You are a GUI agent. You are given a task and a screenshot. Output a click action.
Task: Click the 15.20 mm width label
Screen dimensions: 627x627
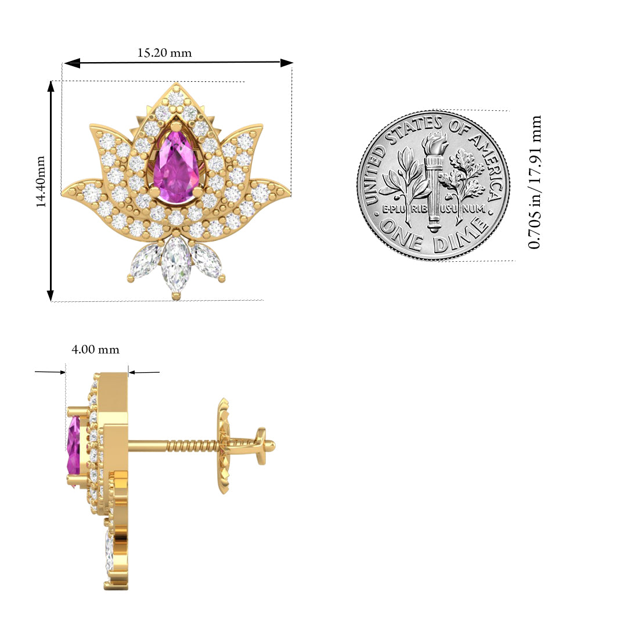point(164,53)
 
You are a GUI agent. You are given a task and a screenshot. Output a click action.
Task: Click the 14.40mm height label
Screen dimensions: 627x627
point(41,182)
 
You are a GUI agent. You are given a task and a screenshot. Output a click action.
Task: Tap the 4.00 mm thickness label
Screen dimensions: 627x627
point(95,349)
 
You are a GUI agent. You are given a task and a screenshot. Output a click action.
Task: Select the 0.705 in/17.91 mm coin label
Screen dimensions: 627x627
point(535,182)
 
